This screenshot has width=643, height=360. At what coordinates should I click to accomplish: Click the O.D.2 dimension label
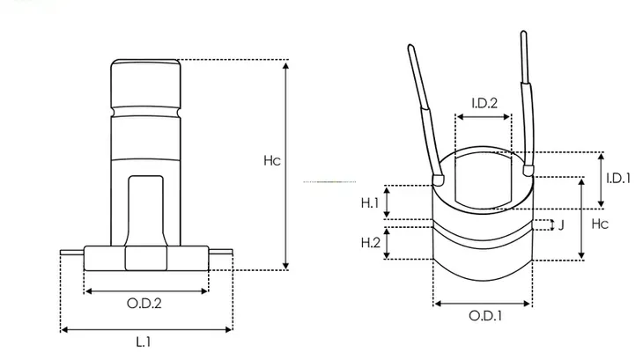[144, 304]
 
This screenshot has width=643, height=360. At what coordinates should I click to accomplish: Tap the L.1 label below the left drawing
[144, 342]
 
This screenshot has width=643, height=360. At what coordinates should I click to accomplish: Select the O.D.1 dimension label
[485, 316]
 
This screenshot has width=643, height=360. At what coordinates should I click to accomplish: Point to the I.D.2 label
[484, 103]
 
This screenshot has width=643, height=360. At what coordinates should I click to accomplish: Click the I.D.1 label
[618, 178]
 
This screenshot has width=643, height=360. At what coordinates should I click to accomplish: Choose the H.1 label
[369, 202]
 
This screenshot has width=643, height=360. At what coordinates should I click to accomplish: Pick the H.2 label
[370, 243]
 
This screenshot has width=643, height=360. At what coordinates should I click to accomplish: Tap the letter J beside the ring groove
[561, 224]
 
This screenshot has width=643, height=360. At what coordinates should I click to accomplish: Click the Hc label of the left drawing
[272, 160]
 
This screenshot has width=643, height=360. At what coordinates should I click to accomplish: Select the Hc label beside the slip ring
[600, 224]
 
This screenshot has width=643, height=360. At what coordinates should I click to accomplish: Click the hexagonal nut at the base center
[146, 258]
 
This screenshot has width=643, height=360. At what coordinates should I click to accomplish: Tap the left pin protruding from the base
[72, 253]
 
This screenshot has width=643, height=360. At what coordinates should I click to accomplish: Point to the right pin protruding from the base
[220, 252]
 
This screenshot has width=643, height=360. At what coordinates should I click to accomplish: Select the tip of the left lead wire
[410, 48]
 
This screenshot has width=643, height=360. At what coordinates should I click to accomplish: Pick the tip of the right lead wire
[523, 33]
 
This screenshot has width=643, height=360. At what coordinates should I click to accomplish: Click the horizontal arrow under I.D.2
[484, 117]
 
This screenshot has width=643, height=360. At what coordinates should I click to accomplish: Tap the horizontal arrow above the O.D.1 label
[483, 304]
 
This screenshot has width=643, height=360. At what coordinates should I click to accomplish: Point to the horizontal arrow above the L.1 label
[146, 329]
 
